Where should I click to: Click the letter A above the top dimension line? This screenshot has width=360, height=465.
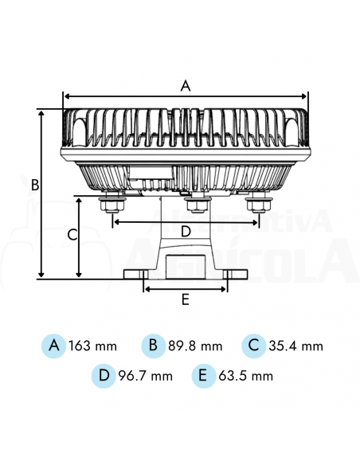coord(186,85)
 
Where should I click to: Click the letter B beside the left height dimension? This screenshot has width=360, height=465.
coord(35,185)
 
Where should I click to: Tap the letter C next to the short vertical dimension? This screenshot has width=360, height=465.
coord(72,235)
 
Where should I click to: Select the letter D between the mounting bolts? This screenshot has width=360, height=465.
coord(186,232)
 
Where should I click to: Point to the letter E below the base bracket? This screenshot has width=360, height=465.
coord(185,300)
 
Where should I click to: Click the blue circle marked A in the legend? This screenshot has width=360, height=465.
coord(54,346)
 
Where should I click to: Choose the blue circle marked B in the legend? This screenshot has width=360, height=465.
coord(153,346)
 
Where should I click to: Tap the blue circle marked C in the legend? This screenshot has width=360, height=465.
coord(254,346)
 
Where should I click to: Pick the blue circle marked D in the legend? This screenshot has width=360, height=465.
coord(104,375)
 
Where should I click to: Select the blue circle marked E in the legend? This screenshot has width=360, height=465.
coord(204,375)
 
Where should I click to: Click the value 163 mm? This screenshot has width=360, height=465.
coord(92,346)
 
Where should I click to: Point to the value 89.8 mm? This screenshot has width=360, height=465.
coord(195,346)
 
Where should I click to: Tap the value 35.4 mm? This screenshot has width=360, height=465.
coord(296,346)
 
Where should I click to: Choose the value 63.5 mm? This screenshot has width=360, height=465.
coord(246,376)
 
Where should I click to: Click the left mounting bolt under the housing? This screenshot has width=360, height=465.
coord(110,205)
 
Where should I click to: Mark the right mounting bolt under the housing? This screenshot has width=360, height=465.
coord(256,205)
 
